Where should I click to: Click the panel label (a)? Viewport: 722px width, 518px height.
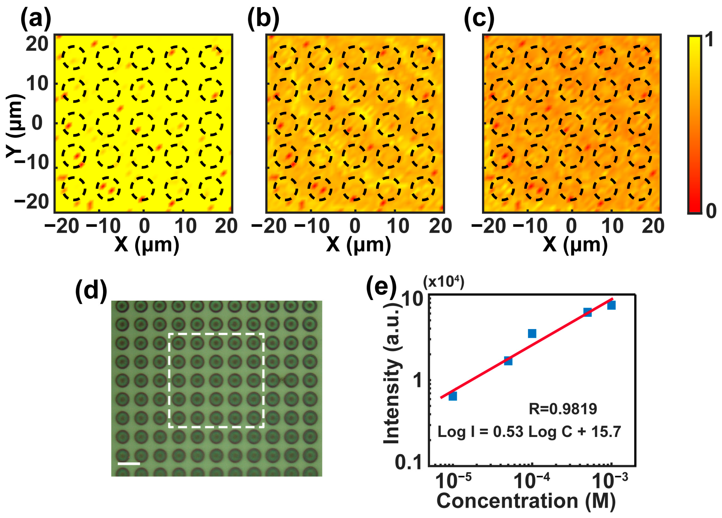coord(36,19)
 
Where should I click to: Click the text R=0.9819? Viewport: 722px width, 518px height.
coord(563,409)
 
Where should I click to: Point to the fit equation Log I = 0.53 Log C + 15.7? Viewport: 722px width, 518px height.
coord(529,432)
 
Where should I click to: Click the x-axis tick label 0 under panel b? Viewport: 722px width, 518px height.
coord(355,226)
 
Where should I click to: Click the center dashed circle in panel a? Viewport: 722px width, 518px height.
coord(142,124)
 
